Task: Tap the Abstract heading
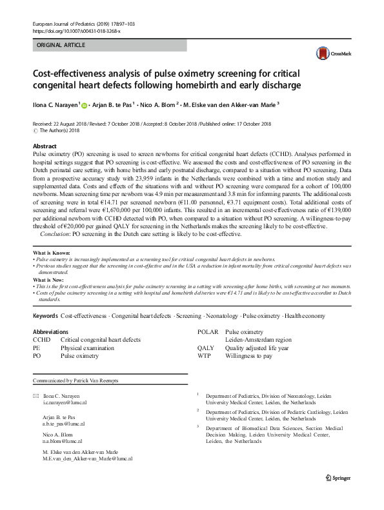[45, 146]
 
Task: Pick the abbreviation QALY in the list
[205, 347]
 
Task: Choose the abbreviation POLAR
[208, 331]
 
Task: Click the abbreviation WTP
[204, 355]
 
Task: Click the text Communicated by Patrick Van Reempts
[75, 381]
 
